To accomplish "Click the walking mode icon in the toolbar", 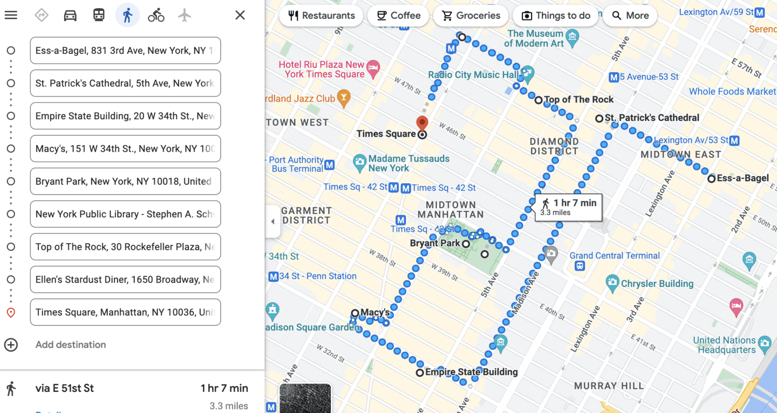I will pyautogui.click(x=127, y=15).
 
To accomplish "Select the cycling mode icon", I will pyautogui.click(x=156, y=15).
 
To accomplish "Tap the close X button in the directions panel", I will pyautogui.click(x=240, y=15).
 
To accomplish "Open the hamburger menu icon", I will pyautogui.click(x=11, y=15).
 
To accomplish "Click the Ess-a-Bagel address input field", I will pyautogui.click(x=125, y=51).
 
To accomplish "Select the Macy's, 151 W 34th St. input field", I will pyautogui.click(x=125, y=149).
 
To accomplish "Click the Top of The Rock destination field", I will pyautogui.click(x=125, y=247).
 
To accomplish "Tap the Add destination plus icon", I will pyautogui.click(x=11, y=345).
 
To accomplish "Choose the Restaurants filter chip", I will pyautogui.click(x=322, y=16).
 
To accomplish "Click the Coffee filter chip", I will pyautogui.click(x=398, y=16).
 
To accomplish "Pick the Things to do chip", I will pyautogui.click(x=556, y=16).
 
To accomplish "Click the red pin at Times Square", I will pyautogui.click(x=422, y=123).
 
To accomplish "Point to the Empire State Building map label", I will pyautogui.click(x=471, y=372).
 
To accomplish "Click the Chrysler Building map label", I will pyautogui.click(x=657, y=284).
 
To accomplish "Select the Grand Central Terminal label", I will pyautogui.click(x=615, y=256).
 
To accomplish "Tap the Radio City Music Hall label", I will pyautogui.click(x=473, y=75).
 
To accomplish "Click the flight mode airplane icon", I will pyautogui.click(x=185, y=15).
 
